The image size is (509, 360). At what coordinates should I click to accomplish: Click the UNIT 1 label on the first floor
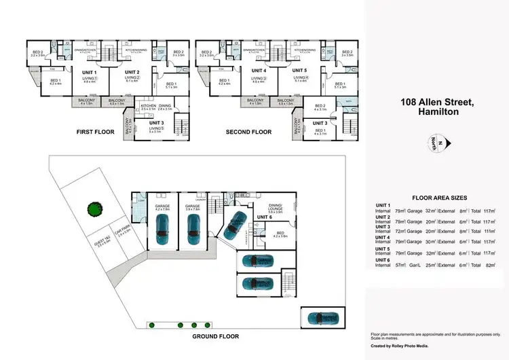click(x=90, y=73)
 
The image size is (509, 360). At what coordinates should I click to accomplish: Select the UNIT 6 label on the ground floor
click(x=265, y=217)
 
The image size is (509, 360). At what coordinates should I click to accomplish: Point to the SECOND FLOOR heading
click(x=248, y=132)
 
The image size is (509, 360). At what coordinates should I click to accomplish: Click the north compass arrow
click(x=439, y=143)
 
